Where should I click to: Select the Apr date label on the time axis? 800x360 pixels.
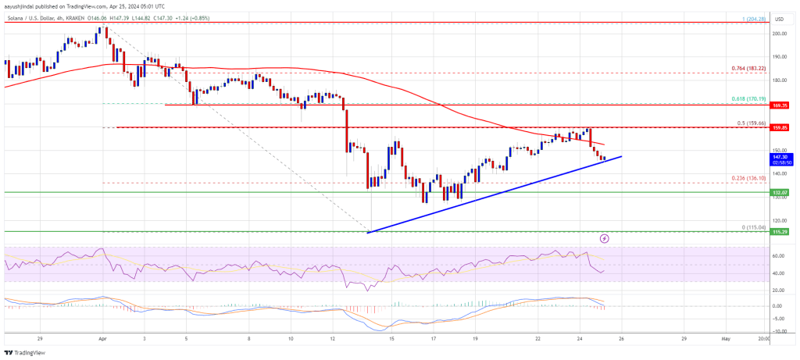(102, 339)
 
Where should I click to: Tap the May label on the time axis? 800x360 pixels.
(725, 339)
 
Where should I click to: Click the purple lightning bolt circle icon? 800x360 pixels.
(604, 237)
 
